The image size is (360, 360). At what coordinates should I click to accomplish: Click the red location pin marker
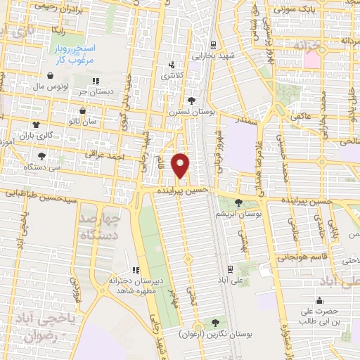pos(181,165)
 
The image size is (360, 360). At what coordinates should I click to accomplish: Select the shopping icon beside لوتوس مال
pos(50,75)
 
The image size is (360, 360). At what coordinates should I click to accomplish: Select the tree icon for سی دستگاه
pos(41,157)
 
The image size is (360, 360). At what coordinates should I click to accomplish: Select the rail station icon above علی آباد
pos(231,269)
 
